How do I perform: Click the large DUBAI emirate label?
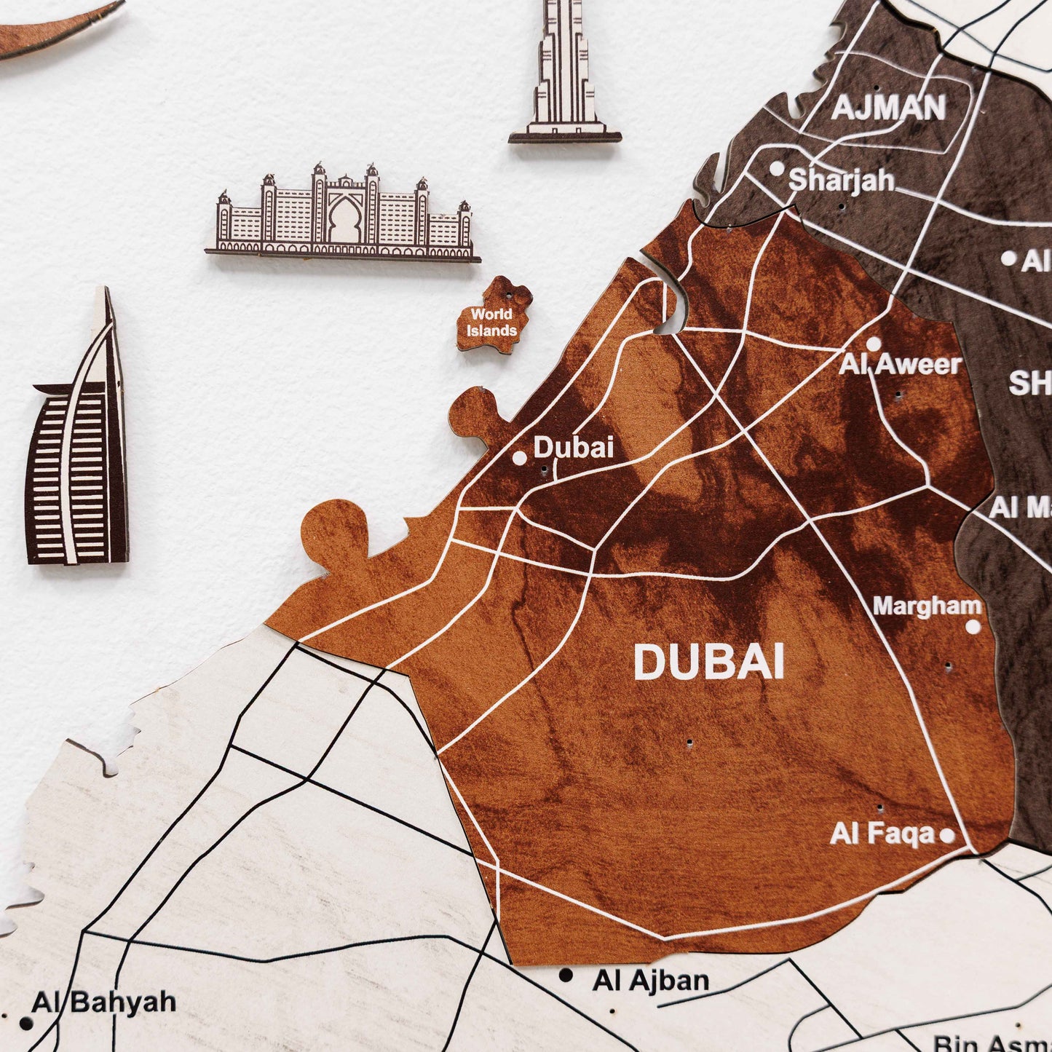tap(708, 663)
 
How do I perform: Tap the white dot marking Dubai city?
tap(520, 458)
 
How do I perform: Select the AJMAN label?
tap(888, 108)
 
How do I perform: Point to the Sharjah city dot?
tap(777, 169)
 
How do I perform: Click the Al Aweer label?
tap(901, 364)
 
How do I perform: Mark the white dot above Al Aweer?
tap(874, 344)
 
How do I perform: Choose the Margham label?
tap(927, 606)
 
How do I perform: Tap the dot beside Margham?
tap(973, 626)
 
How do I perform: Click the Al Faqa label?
tap(882, 834)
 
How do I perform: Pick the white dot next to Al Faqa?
tap(947, 835)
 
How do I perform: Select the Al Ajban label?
tap(651, 981)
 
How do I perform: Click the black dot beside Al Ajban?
tap(566, 975)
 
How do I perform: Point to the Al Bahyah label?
tap(103, 1002)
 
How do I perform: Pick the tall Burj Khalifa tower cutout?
tap(563, 73)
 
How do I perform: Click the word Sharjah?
tap(842, 180)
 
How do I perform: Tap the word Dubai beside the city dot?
tap(574, 447)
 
